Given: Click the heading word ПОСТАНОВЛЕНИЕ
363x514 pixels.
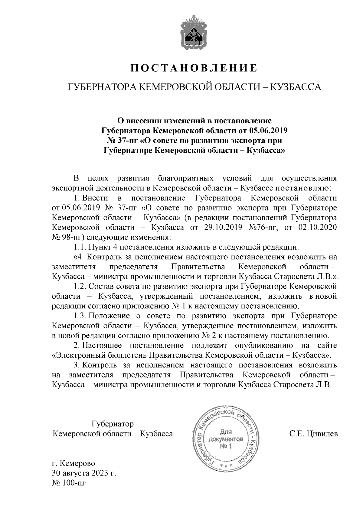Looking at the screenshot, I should (x=194, y=68).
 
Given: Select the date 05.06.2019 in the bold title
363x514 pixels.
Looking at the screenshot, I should (x=268, y=131).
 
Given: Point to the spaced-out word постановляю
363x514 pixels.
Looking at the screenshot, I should (x=302, y=188).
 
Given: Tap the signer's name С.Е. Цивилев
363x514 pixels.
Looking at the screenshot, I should (x=313, y=434).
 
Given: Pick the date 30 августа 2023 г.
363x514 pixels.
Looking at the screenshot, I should (x=84, y=473).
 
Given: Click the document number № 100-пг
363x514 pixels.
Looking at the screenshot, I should (x=69, y=482).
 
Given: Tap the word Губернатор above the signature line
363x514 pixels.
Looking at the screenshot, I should (x=113, y=424).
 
